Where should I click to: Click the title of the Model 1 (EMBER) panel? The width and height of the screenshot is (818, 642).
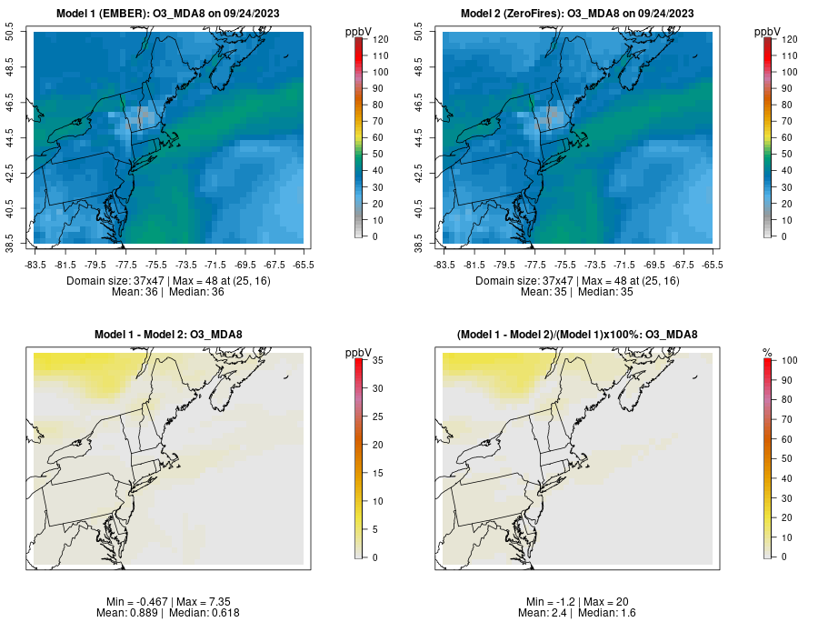168,14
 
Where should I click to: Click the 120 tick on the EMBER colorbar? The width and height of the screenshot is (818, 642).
380,39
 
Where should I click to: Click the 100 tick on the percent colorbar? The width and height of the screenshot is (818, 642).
789,361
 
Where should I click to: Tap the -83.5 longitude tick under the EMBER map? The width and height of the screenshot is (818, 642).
35,265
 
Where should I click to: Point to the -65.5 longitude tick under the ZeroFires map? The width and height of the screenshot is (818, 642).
713,265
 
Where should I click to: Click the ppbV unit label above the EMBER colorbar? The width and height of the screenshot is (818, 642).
359,32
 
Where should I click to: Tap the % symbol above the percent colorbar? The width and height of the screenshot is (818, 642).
767,353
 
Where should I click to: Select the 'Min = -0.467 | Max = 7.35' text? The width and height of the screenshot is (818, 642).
168,602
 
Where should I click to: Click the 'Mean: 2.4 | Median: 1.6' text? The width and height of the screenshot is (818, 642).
577,613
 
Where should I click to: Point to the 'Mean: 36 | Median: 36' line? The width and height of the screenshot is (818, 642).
168,292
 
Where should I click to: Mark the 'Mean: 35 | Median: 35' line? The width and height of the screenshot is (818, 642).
577,292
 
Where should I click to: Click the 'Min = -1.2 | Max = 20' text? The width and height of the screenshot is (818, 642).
577,602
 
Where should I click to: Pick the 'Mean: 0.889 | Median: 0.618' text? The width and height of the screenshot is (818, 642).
168,613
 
